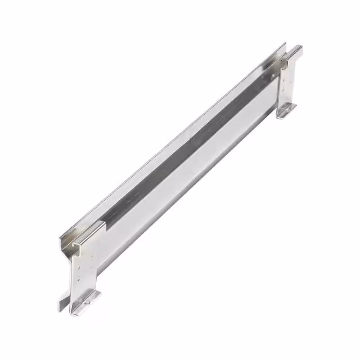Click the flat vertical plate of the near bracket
[x=84, y=270]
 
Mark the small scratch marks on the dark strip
[x=132, y=198]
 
